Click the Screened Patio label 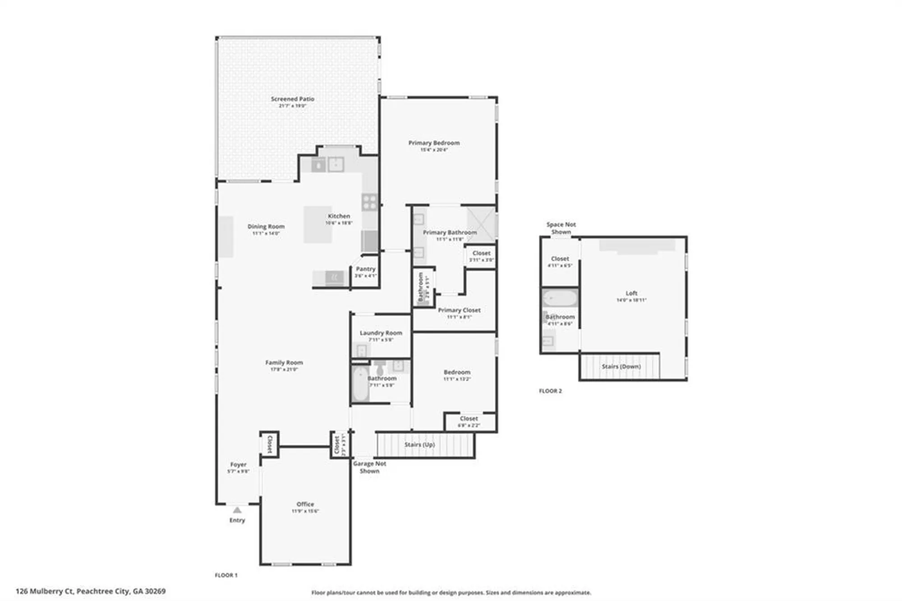[x=292, y=99]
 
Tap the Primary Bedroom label [x=434, y=143]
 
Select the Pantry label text [x=365, y=269]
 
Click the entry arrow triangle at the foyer [x=237, y=510]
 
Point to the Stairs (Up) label [x=419, y=444]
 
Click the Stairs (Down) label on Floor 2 [x=621, y=366]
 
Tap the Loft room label [x=631, y=293]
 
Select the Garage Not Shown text [x=369, y=467]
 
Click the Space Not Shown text [x=561, y=228]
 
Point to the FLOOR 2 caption [x=550, y=391]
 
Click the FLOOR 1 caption [x=226, y=575]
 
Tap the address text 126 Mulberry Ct [x=90, y=591]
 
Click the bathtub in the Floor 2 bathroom [x=560, y=299]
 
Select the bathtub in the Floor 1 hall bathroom [x=360, y=384]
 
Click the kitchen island [x=318, y=224]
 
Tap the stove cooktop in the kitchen [x=369, y=202]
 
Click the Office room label [x=305, y=504]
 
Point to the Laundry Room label [x=381, y=333]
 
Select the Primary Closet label [x=459, y=310]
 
